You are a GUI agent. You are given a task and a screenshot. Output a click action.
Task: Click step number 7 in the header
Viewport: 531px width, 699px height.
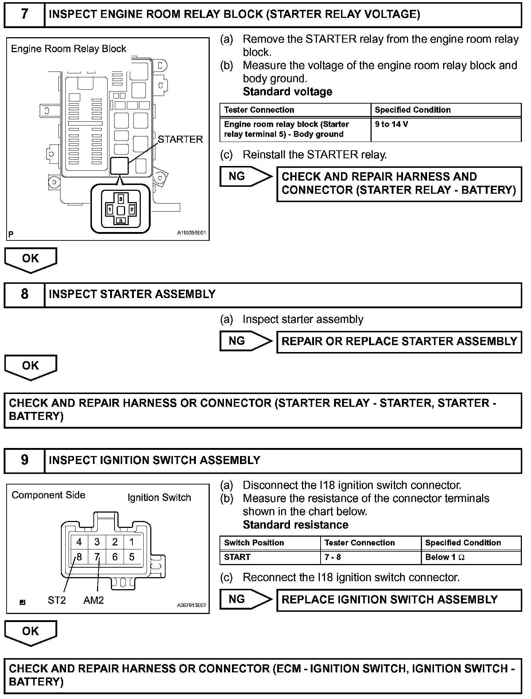[24, 14]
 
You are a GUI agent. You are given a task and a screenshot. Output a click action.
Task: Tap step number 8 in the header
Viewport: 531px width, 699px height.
[24, 294]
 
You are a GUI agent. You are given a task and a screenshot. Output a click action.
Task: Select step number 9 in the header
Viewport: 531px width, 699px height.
[24, 460]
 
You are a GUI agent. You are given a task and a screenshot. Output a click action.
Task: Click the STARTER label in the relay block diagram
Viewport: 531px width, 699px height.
[180, 139]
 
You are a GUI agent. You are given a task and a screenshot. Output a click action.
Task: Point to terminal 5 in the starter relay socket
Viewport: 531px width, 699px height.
[121, 221]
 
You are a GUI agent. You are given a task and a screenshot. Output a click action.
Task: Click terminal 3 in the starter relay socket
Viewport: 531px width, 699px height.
[121, 199]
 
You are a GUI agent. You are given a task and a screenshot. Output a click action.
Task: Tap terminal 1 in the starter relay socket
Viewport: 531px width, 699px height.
[110, 210]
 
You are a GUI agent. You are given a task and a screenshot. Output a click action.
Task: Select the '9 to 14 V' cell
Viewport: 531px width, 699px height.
[391, 124]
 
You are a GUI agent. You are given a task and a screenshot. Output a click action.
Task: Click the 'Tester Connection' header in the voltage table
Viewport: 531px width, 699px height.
[259, 110]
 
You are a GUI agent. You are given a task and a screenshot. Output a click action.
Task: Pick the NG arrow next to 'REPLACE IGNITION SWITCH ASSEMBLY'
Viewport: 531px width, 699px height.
[245, 599]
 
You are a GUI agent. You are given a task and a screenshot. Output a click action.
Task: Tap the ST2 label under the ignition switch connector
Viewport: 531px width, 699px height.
[57, 600]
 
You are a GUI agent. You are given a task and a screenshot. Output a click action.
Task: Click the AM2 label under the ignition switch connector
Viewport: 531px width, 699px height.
[93, 600]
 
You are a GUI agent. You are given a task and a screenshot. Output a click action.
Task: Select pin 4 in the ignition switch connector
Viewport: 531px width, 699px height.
[79, 542]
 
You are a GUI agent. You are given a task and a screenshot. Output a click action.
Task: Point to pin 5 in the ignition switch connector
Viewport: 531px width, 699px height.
[132, 557]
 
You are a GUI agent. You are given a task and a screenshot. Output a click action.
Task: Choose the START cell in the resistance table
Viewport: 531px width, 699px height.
[237, 557]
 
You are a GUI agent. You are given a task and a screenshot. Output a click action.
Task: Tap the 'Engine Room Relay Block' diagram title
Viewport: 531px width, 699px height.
[69, 49]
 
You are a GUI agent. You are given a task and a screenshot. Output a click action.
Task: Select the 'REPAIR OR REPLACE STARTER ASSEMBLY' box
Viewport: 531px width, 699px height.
[399, 341]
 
